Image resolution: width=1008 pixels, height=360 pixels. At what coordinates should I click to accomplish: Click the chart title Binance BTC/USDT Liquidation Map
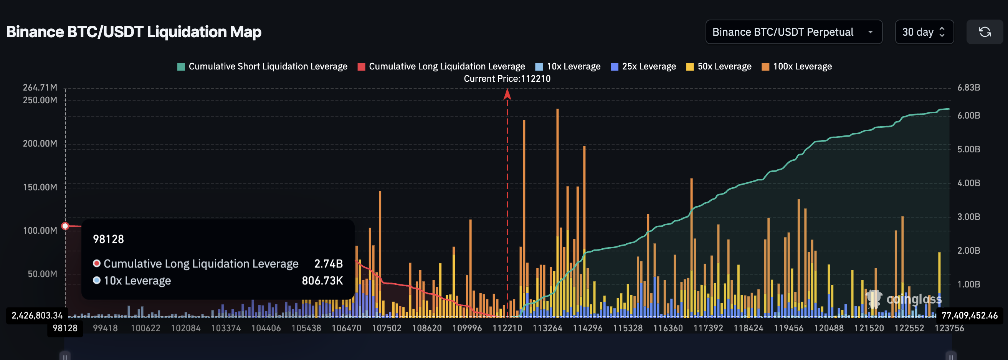[134, 32]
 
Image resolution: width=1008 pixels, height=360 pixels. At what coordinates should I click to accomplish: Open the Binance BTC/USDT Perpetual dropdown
[793, 32]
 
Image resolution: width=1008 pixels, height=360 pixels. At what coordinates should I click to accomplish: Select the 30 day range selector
[924, 32]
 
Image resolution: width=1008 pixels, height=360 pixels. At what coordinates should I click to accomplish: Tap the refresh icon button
[984, 32]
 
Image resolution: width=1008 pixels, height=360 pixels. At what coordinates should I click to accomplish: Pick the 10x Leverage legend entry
[568, 66]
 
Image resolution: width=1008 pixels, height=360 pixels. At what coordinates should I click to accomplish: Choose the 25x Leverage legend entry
[643, 66]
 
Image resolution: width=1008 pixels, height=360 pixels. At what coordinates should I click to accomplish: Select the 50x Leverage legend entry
[719, 66]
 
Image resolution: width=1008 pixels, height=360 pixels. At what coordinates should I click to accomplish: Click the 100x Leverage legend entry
[797, 66]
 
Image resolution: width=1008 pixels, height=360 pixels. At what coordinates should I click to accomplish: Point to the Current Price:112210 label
[507, 79]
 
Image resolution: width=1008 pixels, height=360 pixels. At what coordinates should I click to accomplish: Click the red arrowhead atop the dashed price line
[507, 94]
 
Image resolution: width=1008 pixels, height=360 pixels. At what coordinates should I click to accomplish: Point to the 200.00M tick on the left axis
[40, 144]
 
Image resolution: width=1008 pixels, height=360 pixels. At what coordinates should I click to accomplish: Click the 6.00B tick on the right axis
[968, 116]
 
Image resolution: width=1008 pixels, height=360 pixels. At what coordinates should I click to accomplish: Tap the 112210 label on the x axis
[507, 328]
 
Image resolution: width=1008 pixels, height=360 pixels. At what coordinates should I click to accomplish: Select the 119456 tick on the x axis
[788, 328]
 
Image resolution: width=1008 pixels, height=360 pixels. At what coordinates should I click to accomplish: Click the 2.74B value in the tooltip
[328, 264]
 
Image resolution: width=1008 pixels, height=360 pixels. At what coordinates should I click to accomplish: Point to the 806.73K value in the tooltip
[322, 281]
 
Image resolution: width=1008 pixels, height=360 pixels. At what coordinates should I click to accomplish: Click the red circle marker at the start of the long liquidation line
[65, 226]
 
